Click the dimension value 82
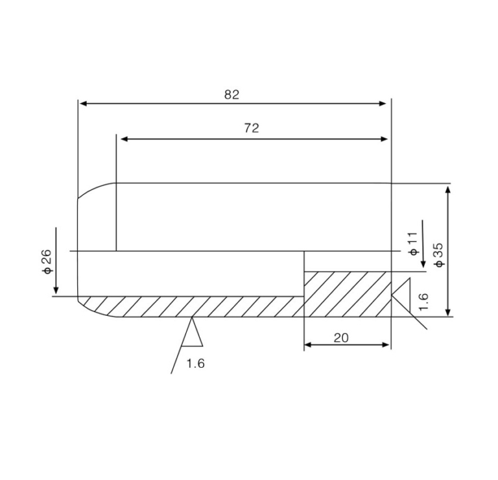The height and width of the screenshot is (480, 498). point(231,95)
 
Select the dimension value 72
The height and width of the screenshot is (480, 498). point(252,128)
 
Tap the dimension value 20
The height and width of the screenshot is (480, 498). point(341,338)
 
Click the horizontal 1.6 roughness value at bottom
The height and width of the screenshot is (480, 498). point(195,363)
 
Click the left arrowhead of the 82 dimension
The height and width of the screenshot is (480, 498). point(82,102)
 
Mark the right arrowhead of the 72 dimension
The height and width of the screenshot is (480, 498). point(384,139)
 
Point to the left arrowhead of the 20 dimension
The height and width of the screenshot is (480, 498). point(308,344)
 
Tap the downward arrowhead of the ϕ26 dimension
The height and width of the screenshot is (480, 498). point(56,290)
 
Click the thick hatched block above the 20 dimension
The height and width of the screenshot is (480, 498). point(348,293)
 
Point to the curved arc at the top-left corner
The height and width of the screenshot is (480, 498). point(94,189)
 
